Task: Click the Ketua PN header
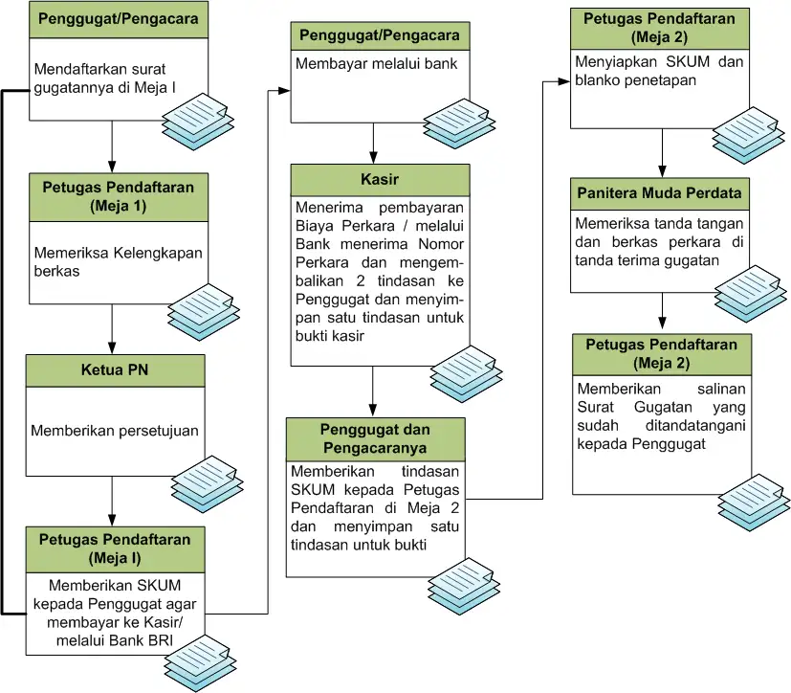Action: coord(115,370)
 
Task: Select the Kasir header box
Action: coord(380,180)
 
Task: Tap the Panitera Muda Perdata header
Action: coord(660,193)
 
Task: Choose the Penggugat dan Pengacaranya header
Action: coord(376,438)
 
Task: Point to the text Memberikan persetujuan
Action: coord(115,431)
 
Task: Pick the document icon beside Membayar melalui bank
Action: coord(458,117)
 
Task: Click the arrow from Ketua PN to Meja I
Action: coord(113,500)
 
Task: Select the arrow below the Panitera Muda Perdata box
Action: coord(662,312)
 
